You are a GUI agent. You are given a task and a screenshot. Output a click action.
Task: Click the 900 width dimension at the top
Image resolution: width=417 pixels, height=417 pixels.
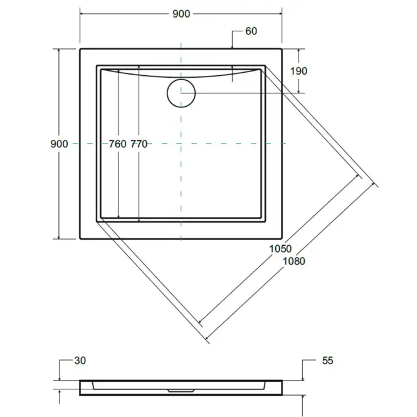181,14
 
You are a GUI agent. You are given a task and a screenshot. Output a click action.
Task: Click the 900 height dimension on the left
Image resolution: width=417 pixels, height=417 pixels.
59,144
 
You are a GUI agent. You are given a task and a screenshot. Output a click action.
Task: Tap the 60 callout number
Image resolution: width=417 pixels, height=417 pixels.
251,31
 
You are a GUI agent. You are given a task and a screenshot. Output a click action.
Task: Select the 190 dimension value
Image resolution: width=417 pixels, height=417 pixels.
298,71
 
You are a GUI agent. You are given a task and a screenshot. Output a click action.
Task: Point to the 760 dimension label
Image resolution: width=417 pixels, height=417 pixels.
117,144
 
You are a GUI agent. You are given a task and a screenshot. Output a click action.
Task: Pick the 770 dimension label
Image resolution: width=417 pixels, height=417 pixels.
139,144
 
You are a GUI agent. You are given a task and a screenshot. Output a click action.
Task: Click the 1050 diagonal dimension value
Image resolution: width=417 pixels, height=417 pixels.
280,249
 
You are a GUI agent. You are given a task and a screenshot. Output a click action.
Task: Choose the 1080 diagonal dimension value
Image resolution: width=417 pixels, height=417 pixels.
293,261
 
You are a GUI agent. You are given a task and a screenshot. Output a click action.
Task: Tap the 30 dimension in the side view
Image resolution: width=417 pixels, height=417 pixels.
80,361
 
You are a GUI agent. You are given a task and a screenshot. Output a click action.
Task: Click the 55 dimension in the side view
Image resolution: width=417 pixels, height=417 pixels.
327,361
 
